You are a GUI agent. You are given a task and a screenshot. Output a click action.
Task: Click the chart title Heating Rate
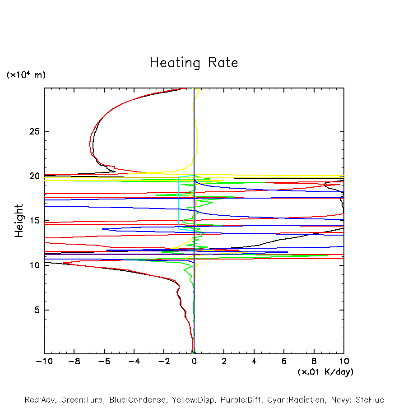pyautogui.click(x=194, y=63)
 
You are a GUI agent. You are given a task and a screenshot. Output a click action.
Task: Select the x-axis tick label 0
pyautogui.click(x=194, y=362)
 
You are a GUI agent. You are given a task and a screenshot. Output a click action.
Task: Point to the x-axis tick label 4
pyautogui.click(x=254, y=362)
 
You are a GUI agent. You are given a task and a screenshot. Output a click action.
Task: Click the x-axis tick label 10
pyautogui.click(x=344, y=362)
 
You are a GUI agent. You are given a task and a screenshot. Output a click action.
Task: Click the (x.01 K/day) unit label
pyautogui.click(x=325, y=372)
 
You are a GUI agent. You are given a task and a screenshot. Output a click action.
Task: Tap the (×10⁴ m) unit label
pyautogui.click(x=26, y=75)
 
